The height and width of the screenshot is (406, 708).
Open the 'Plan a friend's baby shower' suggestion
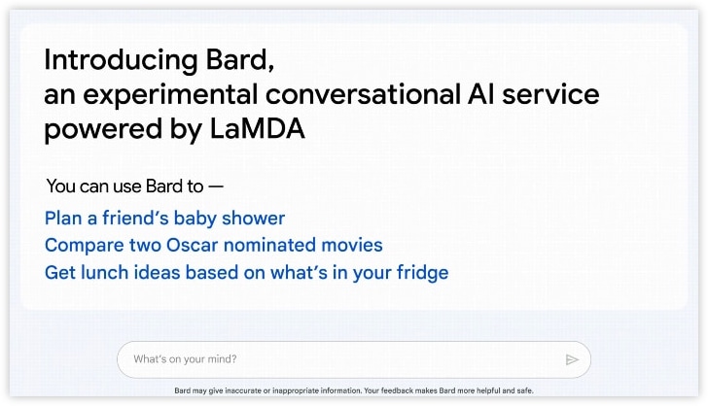click(x=164, y=219)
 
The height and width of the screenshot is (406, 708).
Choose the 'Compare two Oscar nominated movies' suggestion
click(x=214, y=245)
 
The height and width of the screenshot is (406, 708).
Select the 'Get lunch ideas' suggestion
click(x=246, y=272)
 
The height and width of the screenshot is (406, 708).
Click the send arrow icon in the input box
click(x=572, y=359)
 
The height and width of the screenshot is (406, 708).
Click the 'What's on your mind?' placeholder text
click(x=185, y=359)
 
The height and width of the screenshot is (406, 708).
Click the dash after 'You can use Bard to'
click(x=216, y=186)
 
